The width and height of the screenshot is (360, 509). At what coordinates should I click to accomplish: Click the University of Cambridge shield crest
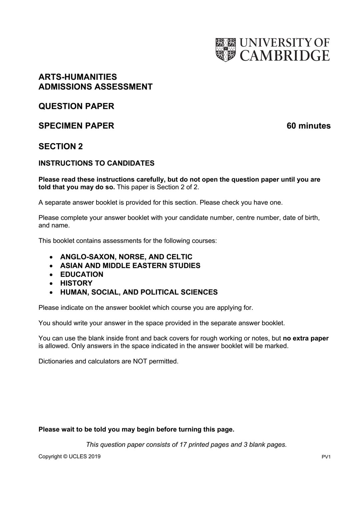coord(225,49)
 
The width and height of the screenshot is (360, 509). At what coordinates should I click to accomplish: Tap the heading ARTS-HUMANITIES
coord(78,77)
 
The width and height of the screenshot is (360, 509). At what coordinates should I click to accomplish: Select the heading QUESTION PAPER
coord(76,106)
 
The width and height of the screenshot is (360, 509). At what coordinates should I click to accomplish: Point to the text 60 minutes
coord(309,126)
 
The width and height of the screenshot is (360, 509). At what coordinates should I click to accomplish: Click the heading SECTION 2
coord(61,147)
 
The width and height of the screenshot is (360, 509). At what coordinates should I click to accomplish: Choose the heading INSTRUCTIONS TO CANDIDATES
coord(96,163)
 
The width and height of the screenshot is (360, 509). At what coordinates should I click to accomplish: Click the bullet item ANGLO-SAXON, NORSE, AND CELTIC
coord(126,257)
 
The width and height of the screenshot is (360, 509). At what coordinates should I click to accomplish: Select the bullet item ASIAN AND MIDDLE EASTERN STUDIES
coord(130,265)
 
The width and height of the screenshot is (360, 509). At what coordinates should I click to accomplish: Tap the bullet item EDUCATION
coord(82,274)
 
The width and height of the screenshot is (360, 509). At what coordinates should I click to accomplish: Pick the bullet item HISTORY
coord(76,283)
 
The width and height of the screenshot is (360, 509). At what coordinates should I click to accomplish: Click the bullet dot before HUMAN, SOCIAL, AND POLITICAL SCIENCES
coord(51,292)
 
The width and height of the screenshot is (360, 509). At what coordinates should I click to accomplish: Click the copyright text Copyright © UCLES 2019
coord(69,457)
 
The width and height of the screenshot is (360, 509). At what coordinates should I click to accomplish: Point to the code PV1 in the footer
coord(326,457)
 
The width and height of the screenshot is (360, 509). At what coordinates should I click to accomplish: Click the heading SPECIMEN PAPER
coord(76,126)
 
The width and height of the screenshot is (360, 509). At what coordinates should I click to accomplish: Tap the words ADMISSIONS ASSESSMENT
coord(95,87)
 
